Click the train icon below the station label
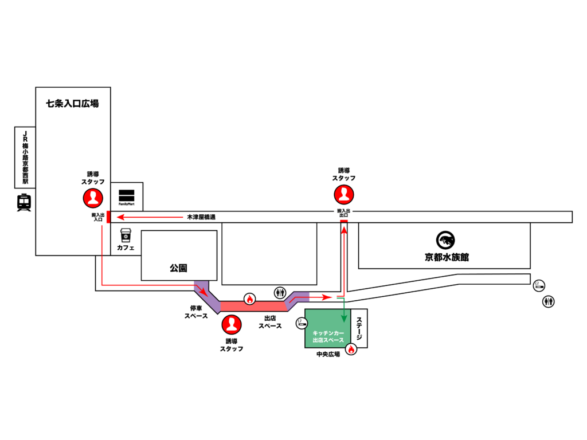[24, 203]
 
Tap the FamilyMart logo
[126, 196]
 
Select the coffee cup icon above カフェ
[126, 235]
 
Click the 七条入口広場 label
[72, 104]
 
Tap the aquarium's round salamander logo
[445, 239]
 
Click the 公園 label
[178, 268]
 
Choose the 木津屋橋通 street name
[201, 218]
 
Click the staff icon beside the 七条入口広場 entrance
[93, 198]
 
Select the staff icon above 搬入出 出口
[344, 195]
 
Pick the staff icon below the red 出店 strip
[231, 325]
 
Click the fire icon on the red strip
[249, 298]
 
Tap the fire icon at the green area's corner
[351, 348]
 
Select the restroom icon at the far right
[549, 301]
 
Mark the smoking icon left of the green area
[302, 324]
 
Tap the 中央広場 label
[328, 355]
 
